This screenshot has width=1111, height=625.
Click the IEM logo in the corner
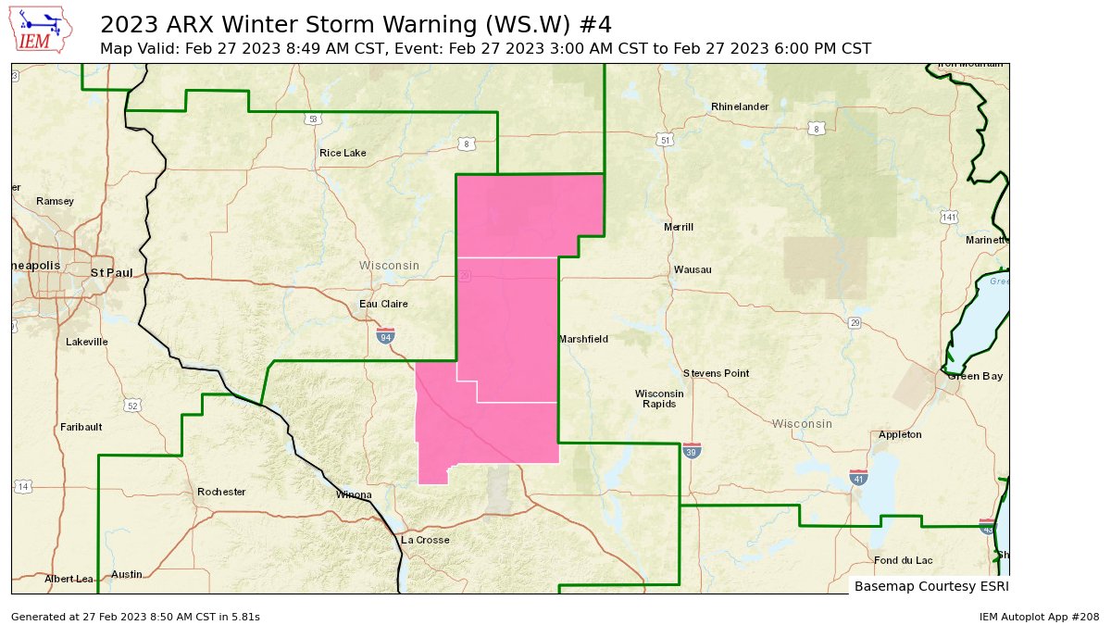[42, 30]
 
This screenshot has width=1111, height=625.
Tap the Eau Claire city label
[383, 304]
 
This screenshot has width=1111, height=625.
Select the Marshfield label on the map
[584, 339]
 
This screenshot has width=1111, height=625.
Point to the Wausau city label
[693, 269]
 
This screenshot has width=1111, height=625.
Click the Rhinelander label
[740, 106]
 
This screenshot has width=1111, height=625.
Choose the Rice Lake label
[343, 153]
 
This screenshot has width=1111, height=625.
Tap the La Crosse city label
[425, 540]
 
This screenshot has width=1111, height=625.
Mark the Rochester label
[221, 492]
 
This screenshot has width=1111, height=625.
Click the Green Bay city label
[974, 376]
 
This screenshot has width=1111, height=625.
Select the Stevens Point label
[716, 373]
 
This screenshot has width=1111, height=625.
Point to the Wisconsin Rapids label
[659, 398]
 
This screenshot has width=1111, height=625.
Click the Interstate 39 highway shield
[692, 450]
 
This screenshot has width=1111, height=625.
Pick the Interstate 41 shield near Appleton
[858, 477]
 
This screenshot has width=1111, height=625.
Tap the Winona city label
[354, 494]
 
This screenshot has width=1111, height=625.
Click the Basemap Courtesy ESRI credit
[930, 586]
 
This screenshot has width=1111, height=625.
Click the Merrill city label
[679, 227]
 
